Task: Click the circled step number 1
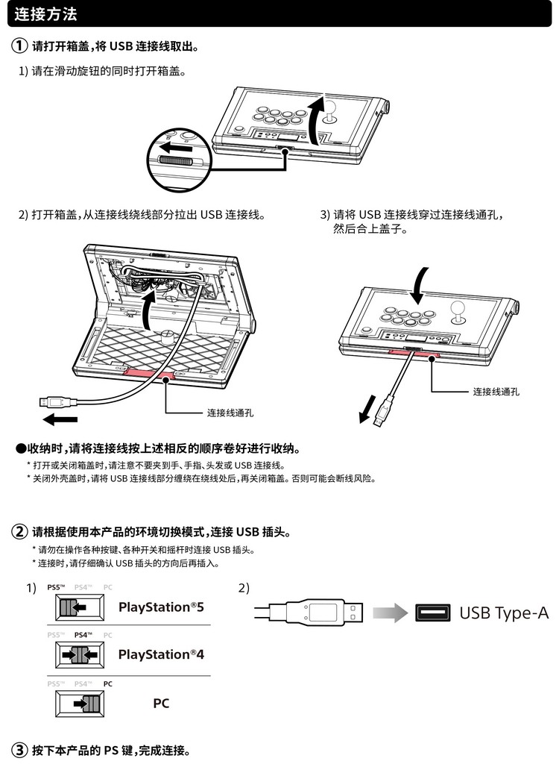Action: coord(19,47)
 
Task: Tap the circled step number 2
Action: coord(19,533)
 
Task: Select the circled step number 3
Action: coord(19,750)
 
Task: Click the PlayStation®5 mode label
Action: coord(161,607)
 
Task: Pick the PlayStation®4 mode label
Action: coord(161,654)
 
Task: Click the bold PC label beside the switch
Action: coord(161,703)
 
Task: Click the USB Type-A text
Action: coord(504,613)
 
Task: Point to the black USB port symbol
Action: coord(432,613)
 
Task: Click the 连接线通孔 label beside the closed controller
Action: coord(496,391)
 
